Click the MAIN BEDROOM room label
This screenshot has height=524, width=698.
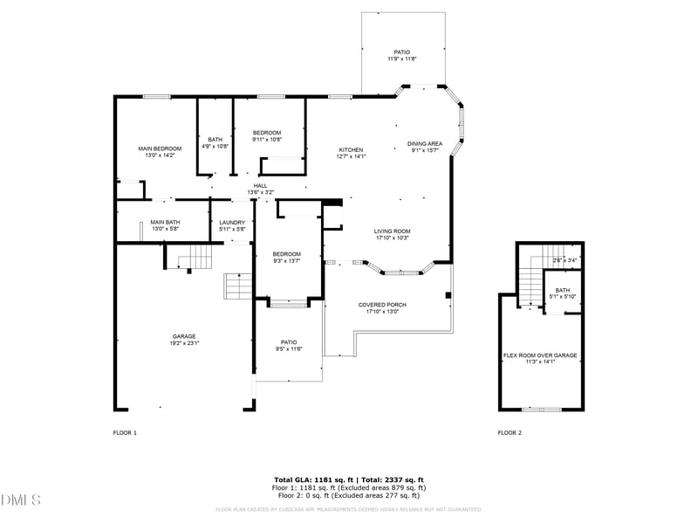tap(160, 148)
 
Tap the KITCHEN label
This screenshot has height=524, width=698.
tap(351, 150)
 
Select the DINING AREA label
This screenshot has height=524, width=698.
tap(425, 143)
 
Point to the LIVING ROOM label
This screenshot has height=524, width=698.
tap(392, 231)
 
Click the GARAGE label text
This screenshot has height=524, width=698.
tap(183, 336)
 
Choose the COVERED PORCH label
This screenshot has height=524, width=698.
tap(382, 305)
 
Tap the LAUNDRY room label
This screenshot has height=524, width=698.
tap(232, 223)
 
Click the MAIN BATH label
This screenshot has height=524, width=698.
tap(164, 222)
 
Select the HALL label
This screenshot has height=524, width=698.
tap(260, 185)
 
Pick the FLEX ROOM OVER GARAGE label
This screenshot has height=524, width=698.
tap(540, 355)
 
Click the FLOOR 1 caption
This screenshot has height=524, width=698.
tap(125, 432)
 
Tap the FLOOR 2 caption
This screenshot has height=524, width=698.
tap(510, 432)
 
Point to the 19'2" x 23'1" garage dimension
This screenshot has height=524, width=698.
tap(183, 343)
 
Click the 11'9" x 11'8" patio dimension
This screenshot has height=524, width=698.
tap(402, 59)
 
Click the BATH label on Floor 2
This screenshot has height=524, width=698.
tap(563, 290)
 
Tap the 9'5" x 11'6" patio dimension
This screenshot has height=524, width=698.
tap(289, 349)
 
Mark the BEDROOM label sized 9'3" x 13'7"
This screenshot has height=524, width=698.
tap(286, 253)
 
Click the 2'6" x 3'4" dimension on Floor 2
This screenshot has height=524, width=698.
tap(565, 260)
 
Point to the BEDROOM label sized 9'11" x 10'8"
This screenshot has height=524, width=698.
tap(267, 132)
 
